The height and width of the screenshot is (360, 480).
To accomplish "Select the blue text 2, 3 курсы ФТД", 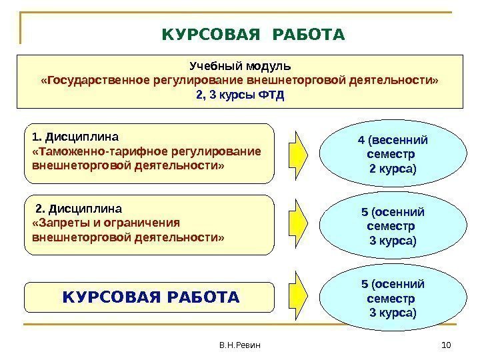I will click(x=240, y=95).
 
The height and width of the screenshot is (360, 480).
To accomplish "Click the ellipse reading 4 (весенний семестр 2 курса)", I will click(x=393, y=154).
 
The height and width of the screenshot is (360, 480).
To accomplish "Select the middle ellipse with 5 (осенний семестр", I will click(x=393, y=226).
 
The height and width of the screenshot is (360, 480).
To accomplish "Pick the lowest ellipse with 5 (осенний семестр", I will click(x=393, y=298).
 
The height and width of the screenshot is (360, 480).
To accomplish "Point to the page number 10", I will click(x=447, y=345).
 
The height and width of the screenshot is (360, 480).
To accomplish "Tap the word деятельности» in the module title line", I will click(x=403, y=81).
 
